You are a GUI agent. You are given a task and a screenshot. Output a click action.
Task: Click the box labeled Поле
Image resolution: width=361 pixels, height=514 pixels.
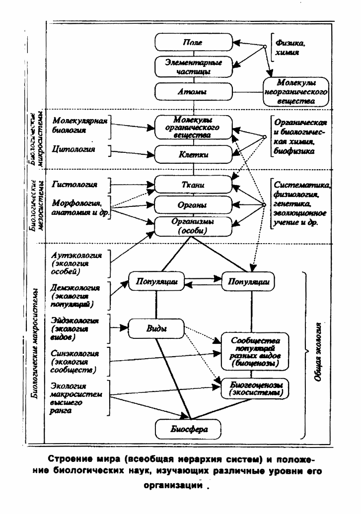(x=193, y=43)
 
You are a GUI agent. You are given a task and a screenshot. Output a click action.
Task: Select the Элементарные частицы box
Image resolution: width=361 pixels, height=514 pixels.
(x=193, y=66)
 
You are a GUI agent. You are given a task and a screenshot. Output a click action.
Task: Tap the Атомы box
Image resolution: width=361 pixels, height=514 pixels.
(x=193, y=91)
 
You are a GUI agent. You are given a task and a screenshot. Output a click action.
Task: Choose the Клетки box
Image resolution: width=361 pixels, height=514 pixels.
(x=193, y=154)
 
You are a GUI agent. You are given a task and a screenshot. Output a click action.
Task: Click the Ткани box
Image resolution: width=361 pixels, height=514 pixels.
(x=193, y=185)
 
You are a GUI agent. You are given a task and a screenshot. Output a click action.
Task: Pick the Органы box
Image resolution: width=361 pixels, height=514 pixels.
(x=193, y=205)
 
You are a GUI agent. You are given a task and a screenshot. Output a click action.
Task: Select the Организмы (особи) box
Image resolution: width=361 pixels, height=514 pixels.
(x=193, y=227)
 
